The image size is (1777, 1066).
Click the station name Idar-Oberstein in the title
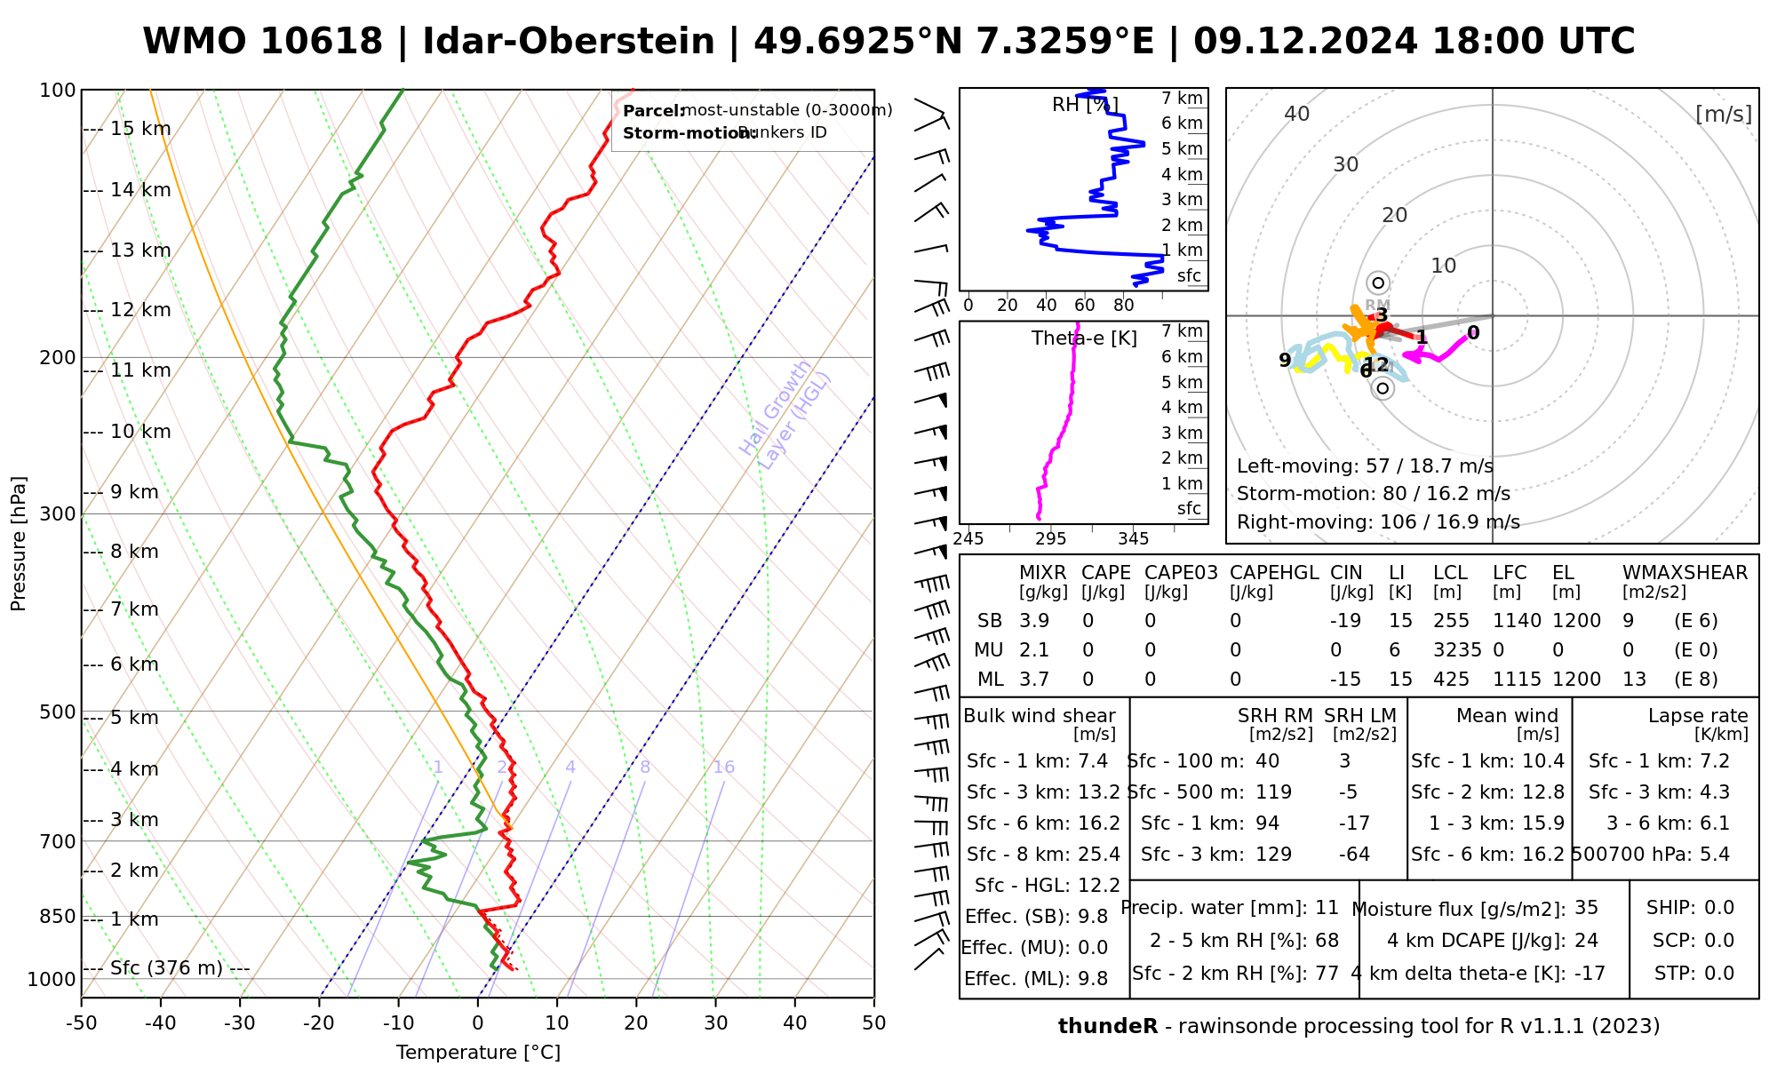(569, 42)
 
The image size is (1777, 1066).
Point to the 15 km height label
(140, 129)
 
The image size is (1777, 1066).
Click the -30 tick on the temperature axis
(239, 1023)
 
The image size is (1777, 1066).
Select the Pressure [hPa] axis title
(18, 544)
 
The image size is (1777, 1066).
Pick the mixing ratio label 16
(723, 768)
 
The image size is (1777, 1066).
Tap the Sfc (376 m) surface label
(166, 967)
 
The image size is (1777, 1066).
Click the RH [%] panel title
(1085, 105)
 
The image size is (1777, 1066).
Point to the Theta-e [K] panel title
(1084, 338)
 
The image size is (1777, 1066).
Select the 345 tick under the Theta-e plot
(1133, 539)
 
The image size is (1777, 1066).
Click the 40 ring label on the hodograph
(1297, 114)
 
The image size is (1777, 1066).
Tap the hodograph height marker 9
(1285, 360)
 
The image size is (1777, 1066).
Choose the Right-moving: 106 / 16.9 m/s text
(1378, 521)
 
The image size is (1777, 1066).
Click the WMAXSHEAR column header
(1685, 573)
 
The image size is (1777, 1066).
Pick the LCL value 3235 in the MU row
(1457, 650)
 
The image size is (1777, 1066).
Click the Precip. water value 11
(1327, 908)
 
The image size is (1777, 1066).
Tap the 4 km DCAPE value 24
(1587, 941)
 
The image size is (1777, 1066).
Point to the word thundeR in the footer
(1108, 1027)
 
